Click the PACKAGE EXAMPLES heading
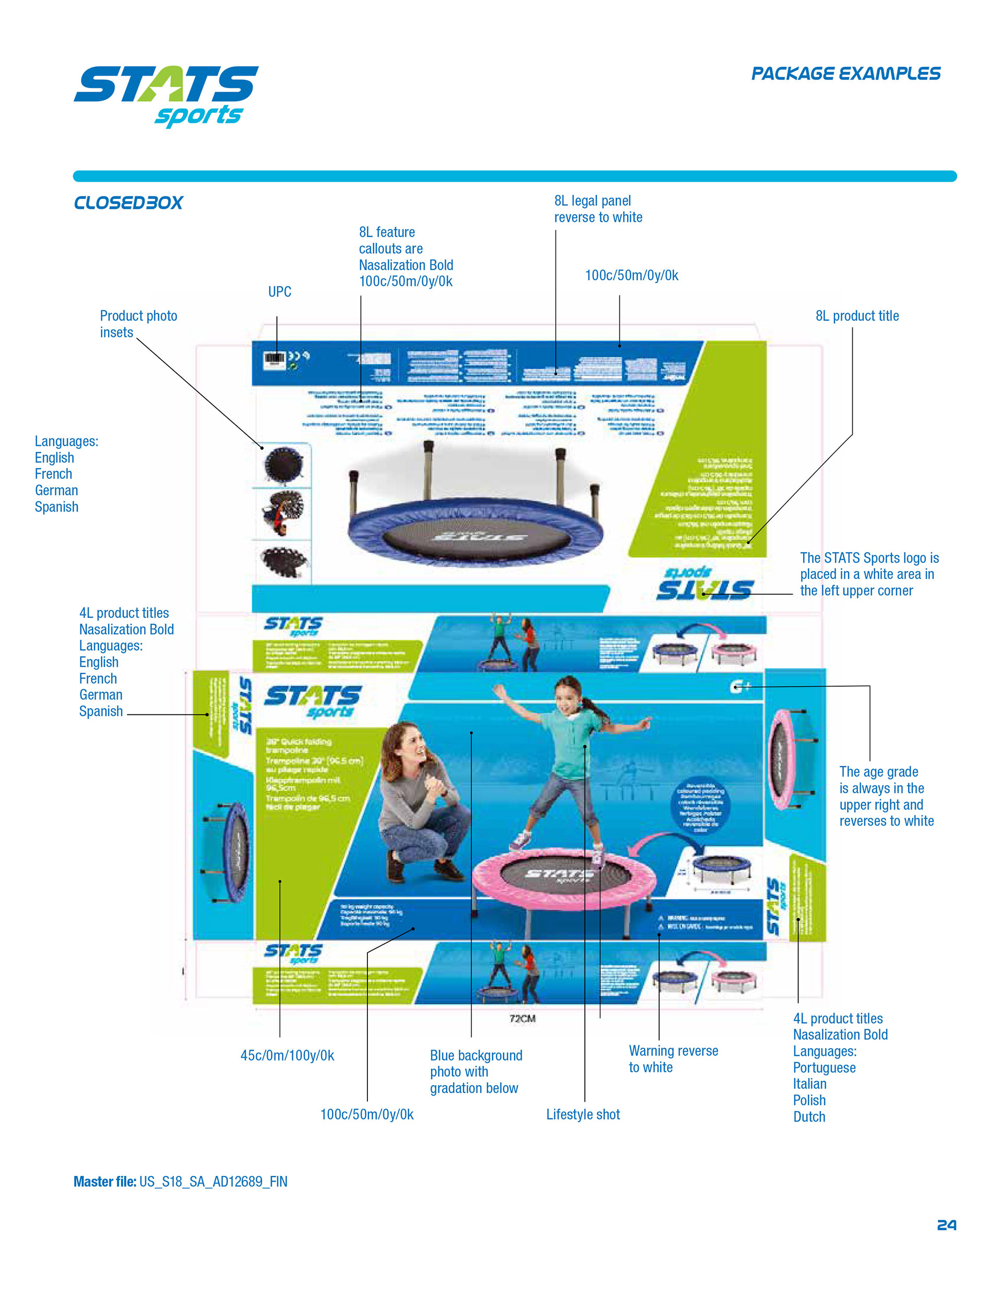(845, 74)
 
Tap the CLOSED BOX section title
(128, 203)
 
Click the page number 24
(946, 1225)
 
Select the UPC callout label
(280, 292)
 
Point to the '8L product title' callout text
(856, 316)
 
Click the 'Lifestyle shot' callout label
(582, 1115)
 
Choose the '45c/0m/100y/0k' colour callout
(287, 1055)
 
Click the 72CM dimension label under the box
(522, 1018)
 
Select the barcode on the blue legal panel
(275, 358)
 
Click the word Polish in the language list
(809, 1100)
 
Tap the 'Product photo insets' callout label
(138, 324)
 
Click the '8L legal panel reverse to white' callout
(598, 209)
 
